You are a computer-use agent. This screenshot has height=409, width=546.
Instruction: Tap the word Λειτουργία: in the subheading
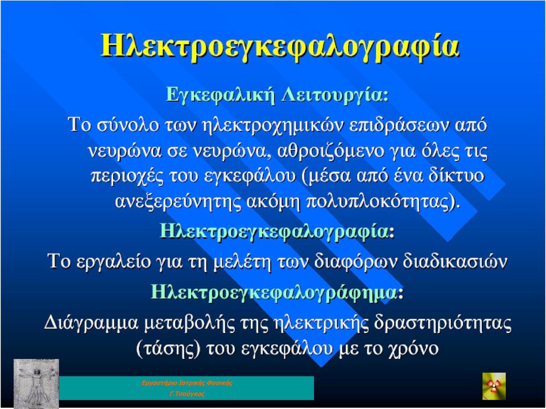[335, 94]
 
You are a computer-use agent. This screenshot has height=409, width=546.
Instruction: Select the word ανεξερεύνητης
[177, 202]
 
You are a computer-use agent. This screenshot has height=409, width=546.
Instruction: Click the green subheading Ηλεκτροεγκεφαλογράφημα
[274, 291]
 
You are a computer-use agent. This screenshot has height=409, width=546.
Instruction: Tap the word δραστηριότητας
[442, 323]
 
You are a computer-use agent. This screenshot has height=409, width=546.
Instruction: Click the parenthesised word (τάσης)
[168, 348]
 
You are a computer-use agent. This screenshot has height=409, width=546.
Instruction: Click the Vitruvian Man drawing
[36, 383]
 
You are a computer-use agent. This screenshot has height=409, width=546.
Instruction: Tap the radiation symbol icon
[494, 386]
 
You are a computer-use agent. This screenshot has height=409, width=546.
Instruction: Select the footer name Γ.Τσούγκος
[187, 394]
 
